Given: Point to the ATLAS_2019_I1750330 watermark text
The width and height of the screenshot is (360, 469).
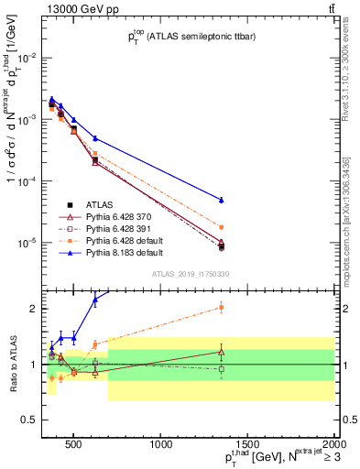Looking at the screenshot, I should [x=191, y=274].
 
